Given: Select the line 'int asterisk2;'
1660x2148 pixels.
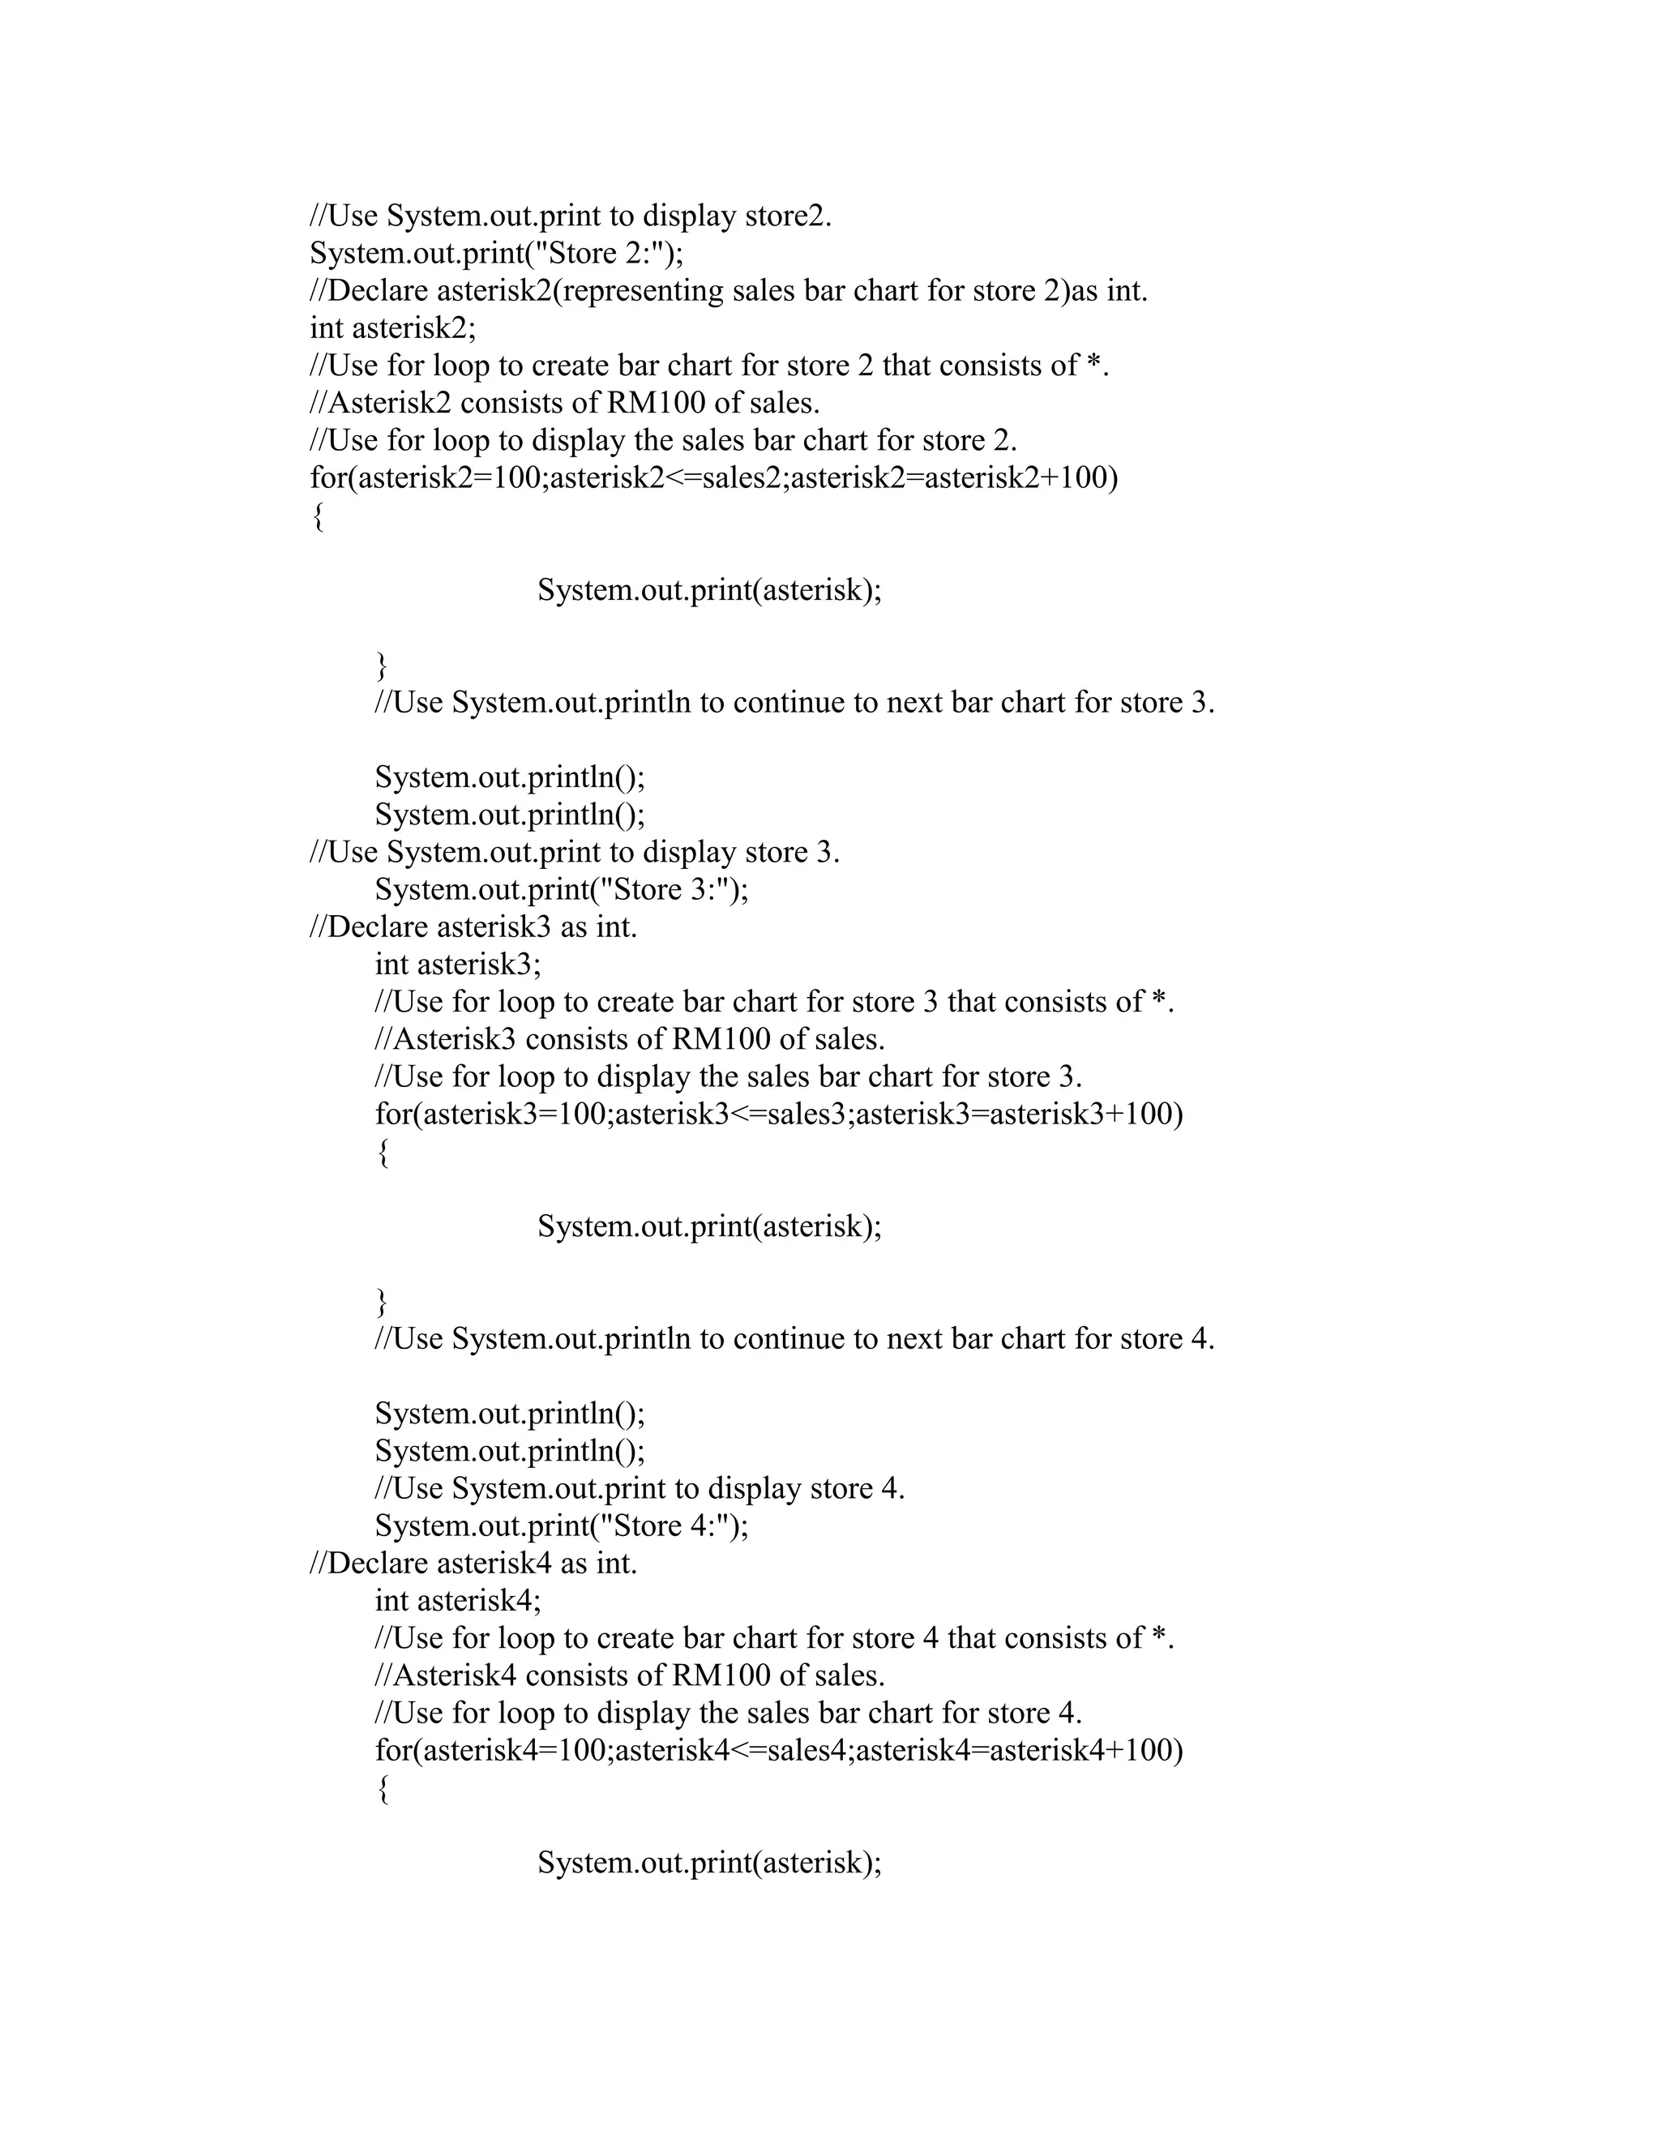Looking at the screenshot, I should pyautogui.click(x=392, y=327).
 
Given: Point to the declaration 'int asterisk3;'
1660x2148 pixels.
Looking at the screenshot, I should pyautogui.click(x=457, y=964).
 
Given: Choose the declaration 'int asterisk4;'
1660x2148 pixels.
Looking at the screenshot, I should pyautogui.click(x=457, y=1600).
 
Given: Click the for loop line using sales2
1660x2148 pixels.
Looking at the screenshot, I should pyautogui.click(x=714, y=478).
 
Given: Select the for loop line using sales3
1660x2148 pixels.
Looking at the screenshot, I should pyautogui.click(x=779, y=1115).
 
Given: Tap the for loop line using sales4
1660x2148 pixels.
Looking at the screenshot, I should pyautogui.click(x=779, y=1751).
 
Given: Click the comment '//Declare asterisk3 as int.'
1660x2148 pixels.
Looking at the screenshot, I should pyautogui.click(x=473, y=926).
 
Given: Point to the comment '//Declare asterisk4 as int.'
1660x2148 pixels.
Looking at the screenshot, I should pyautogui.click(x=473, y=1563).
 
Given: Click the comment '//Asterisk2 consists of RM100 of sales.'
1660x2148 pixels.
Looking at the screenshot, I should pyautogui.click(x=564, y=403).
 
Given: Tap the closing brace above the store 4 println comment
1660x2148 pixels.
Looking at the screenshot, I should pyautogui.click(x=382, y=1303).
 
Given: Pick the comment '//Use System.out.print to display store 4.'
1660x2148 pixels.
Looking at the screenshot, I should pyautogui.click(x=640, y=1488).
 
